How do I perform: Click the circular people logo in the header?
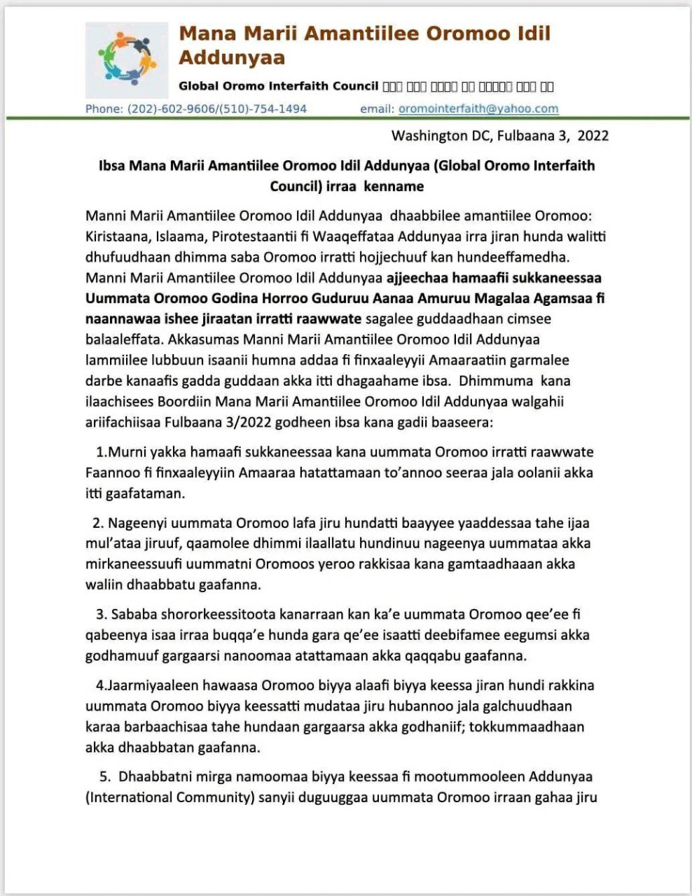(127, 59)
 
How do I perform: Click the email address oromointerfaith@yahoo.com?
(478, 108)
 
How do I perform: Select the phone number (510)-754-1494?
(263, 108)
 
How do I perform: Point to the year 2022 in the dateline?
(593, 136)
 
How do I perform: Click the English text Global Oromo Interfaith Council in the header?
(278, 86)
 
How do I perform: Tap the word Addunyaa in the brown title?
(232, 57)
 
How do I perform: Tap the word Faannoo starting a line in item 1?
(111, 472)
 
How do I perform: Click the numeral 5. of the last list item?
(105, 776)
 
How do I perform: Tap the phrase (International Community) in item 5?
(169, 797)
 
